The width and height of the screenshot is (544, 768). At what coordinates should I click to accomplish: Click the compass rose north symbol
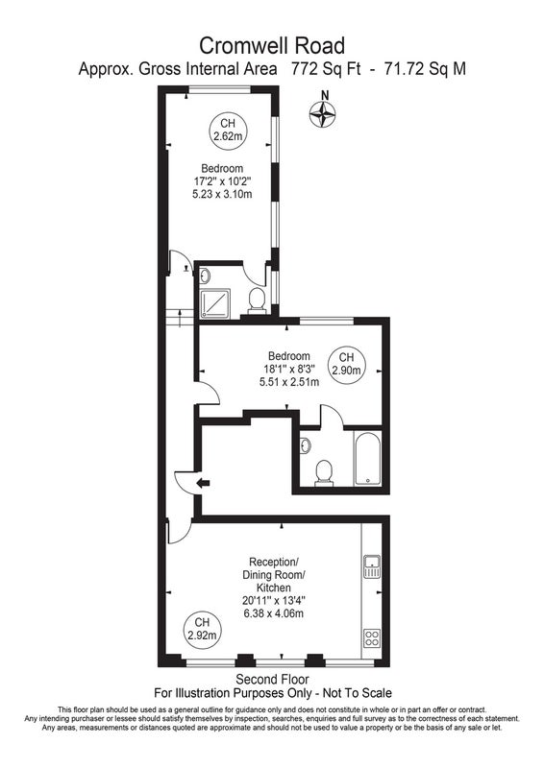(322, 115)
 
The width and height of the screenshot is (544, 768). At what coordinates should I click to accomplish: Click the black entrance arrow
(203, 484)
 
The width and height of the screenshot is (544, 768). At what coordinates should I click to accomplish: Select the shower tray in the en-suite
(215, 303)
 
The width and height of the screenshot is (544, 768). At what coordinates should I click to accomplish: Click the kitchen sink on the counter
(372, 566)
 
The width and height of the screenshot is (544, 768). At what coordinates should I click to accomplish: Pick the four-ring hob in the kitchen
(372, 637)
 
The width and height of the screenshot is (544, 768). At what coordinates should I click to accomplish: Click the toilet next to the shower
(257, 300)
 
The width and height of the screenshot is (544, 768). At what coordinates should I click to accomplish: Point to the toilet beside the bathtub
(324, 473)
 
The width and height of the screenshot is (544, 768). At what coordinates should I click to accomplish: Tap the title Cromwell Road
(272, 46)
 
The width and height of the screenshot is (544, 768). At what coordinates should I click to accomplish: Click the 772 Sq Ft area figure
(325, 68)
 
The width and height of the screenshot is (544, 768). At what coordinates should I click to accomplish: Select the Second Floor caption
(272, 680)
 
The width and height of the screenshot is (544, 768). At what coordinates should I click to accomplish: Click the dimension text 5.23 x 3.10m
(222, 194)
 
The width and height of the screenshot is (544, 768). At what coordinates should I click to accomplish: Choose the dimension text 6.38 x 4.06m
(273, 613)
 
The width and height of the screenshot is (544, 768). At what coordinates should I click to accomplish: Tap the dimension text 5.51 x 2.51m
(289, 381)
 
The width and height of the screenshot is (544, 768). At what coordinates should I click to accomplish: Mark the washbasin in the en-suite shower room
(205, 276)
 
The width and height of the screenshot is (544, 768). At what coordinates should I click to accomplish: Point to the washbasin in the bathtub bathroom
(305, 445)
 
